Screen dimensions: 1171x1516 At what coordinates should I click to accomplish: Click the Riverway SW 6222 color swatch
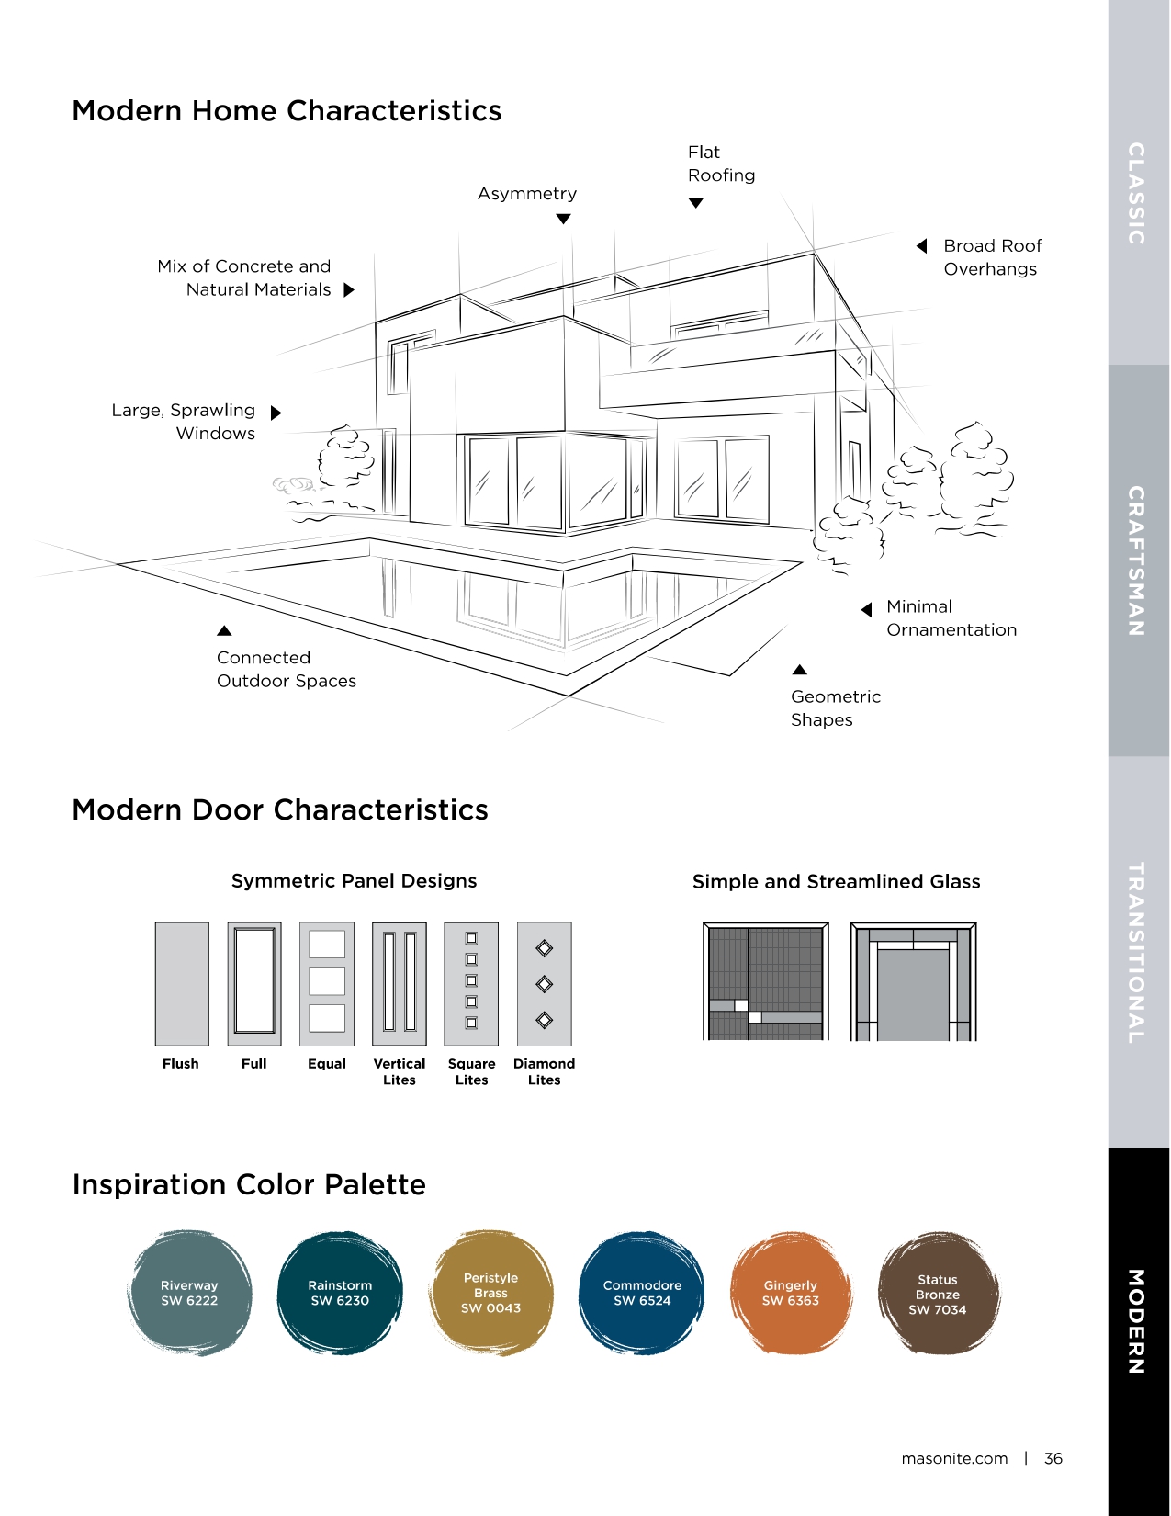190,1293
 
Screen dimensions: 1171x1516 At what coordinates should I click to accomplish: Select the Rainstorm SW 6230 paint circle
341,1293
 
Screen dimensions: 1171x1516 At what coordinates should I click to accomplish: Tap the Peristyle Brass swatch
491,1293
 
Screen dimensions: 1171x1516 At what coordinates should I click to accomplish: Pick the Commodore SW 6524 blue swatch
642,1293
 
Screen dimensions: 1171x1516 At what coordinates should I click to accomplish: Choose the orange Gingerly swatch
791,1293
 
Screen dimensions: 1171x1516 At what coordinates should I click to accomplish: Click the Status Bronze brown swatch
938,1293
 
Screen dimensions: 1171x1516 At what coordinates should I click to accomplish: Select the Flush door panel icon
182,984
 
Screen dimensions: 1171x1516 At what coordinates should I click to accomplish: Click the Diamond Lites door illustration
544,984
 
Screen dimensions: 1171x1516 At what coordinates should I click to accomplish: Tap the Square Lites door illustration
471,984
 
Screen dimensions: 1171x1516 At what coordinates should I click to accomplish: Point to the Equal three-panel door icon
327,984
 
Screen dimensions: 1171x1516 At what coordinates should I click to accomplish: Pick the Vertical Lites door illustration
400,984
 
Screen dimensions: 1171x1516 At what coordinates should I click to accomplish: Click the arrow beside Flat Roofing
696,203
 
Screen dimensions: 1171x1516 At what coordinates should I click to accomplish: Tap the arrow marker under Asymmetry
564,219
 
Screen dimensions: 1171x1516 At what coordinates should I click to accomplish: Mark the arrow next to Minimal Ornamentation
867,610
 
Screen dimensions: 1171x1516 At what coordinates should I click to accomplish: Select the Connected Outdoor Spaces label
287,669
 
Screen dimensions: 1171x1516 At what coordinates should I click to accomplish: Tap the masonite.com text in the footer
954,1458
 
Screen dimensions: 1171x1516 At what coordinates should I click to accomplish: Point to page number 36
1053,1458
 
